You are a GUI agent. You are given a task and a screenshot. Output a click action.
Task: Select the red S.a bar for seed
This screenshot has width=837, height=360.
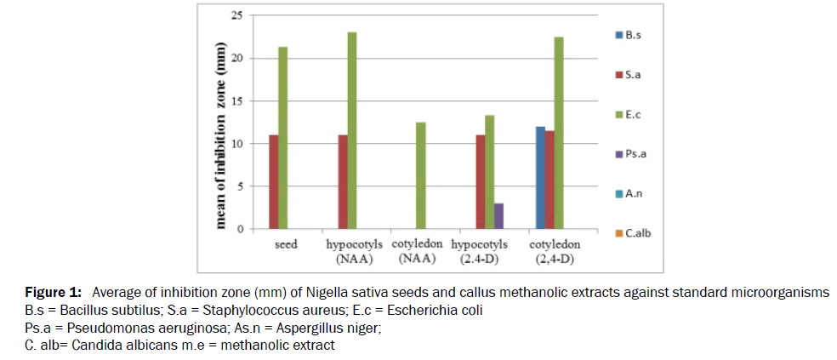(273, 182)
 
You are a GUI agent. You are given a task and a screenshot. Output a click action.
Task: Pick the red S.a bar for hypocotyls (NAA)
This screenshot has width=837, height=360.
(343, 182)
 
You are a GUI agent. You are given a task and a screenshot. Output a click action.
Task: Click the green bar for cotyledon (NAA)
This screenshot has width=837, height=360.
(420, 175)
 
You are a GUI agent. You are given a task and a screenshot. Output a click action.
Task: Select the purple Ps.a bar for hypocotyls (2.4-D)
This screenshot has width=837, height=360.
(498, 216)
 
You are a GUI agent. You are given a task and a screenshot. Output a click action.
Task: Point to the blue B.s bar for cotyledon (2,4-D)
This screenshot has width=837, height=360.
(540, 178)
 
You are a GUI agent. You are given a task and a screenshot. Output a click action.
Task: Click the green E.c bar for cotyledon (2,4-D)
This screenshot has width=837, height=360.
(559, 133)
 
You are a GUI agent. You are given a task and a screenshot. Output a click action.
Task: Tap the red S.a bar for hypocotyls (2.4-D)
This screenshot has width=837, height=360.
(480, 182)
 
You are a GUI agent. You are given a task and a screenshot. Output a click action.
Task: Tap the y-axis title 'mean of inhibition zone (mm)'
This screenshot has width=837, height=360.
(222, 135)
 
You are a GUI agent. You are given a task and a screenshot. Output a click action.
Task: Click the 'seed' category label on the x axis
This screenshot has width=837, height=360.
(286, 244)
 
